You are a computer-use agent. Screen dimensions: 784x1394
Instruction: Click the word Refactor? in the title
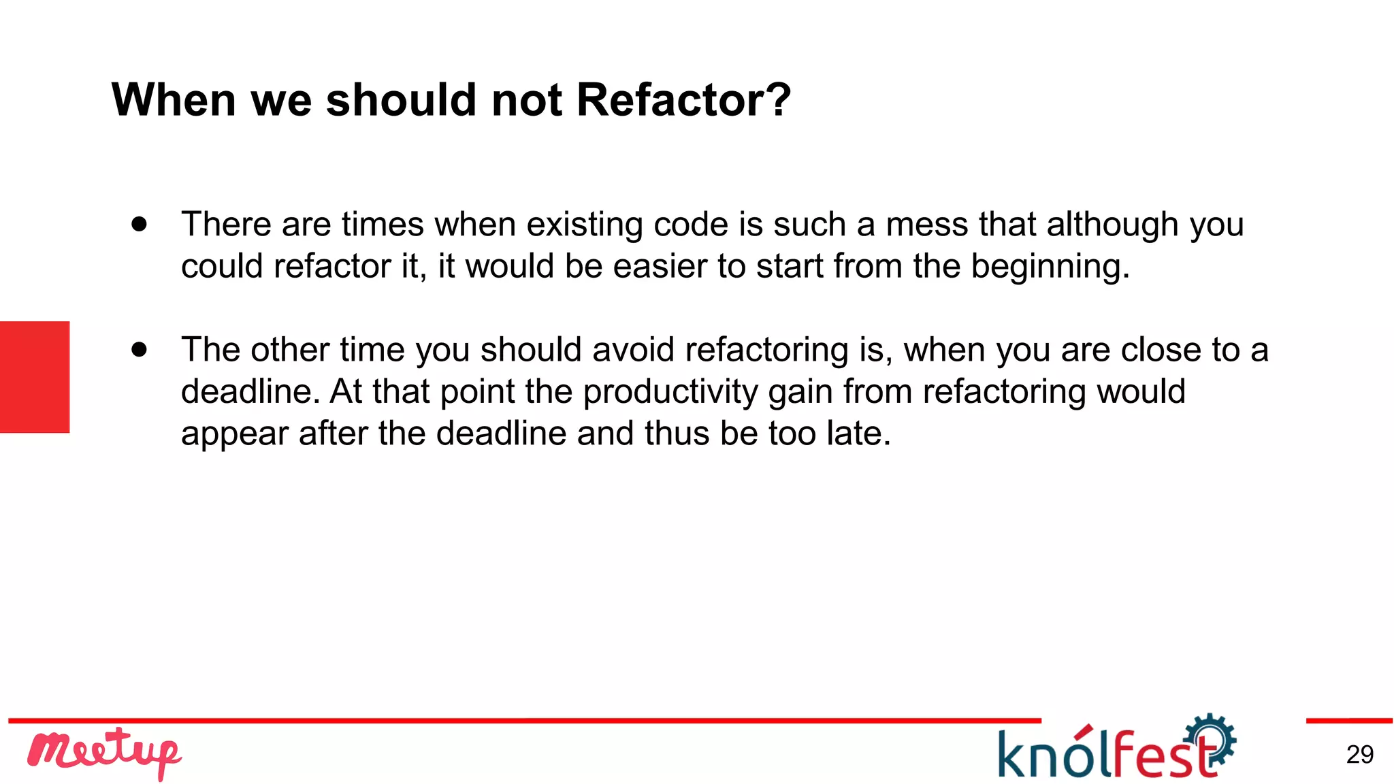point(683,100)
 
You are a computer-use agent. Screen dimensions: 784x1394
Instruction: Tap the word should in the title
point(402,100)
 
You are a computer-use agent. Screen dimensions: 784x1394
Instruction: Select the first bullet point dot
point(140,224)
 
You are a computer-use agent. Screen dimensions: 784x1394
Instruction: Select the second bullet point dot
point(140,349)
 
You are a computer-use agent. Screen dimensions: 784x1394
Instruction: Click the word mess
point(926,225)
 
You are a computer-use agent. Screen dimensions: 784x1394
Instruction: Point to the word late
point(858,434)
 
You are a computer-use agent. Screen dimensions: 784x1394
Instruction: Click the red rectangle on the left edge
point(35,377)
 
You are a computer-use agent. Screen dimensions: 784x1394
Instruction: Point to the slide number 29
point(1359,755)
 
